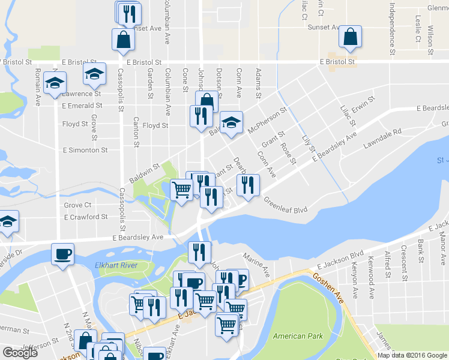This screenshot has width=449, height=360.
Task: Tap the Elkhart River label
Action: click(x=116, y=265)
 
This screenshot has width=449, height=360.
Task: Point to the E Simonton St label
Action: click(x=85, y=150)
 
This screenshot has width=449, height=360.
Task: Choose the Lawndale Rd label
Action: click(x=382, y=139)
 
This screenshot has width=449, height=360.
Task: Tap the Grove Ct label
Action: click(x=77, y=205)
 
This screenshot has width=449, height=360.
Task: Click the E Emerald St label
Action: click(x=82, y=106)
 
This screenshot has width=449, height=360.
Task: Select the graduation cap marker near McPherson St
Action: click(x=231, y=122)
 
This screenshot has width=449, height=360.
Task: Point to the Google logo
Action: click(x=20, y=353)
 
